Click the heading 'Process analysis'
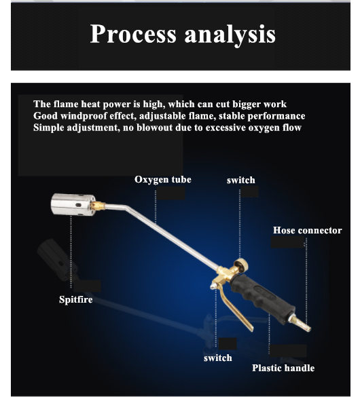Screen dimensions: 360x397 point(183,34)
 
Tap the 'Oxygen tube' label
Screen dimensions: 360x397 point(163,180)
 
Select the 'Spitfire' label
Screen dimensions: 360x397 point(76,299)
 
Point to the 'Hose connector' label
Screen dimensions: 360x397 point(307,231)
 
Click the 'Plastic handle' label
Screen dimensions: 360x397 point(283,368)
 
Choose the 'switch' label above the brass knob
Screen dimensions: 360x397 point(241,181)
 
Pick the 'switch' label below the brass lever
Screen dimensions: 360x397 point(218,358)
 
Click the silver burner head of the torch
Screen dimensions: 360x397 point(73,204)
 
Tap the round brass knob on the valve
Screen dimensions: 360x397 point(241,266)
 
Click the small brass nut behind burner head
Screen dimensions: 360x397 point(98,206)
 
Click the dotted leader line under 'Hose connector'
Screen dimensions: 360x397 point(306,280)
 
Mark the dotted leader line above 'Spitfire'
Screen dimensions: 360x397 point(71,252)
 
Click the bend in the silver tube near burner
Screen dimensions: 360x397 point(126,208)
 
